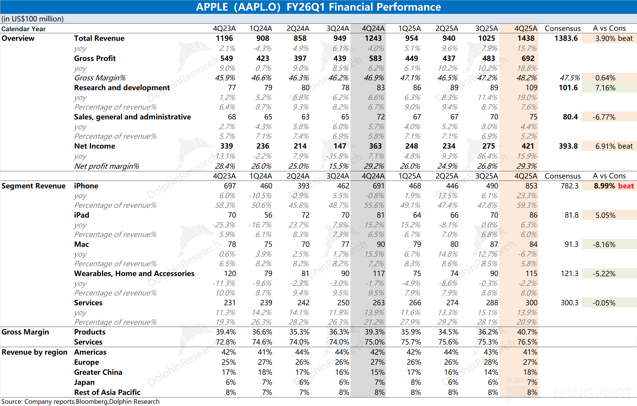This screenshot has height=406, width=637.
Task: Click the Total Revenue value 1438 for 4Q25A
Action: point(526,38)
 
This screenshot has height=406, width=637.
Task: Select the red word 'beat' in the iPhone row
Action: point(626,186)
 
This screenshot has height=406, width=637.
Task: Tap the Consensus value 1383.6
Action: point(566,38)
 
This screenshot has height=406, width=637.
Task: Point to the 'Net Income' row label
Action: point(95,146)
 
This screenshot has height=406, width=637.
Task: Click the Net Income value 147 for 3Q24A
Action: point(340,146)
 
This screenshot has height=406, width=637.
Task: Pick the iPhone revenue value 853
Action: point(531,186)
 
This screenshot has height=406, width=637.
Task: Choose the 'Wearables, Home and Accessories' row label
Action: point(134,274)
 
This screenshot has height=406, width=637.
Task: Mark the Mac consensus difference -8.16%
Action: point(604,244)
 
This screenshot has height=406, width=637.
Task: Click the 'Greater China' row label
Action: point(98,372)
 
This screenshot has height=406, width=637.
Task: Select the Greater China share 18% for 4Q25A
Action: point(530,372)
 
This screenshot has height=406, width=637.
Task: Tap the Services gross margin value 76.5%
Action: point(527,342)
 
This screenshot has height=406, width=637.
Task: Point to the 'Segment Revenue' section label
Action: point(33,186)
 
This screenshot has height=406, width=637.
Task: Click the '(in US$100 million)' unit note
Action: point(32,19)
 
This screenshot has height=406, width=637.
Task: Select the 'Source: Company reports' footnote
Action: point(38,401)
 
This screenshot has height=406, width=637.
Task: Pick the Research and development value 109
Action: point(531,88)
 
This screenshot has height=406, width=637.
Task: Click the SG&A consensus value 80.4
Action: point(570,117)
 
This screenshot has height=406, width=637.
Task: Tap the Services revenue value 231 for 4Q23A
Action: point(230,302)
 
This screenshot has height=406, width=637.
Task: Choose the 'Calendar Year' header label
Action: point(23,29)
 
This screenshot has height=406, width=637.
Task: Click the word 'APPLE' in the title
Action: point(212,7)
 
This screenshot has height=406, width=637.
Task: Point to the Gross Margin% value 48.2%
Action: point(527,78)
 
